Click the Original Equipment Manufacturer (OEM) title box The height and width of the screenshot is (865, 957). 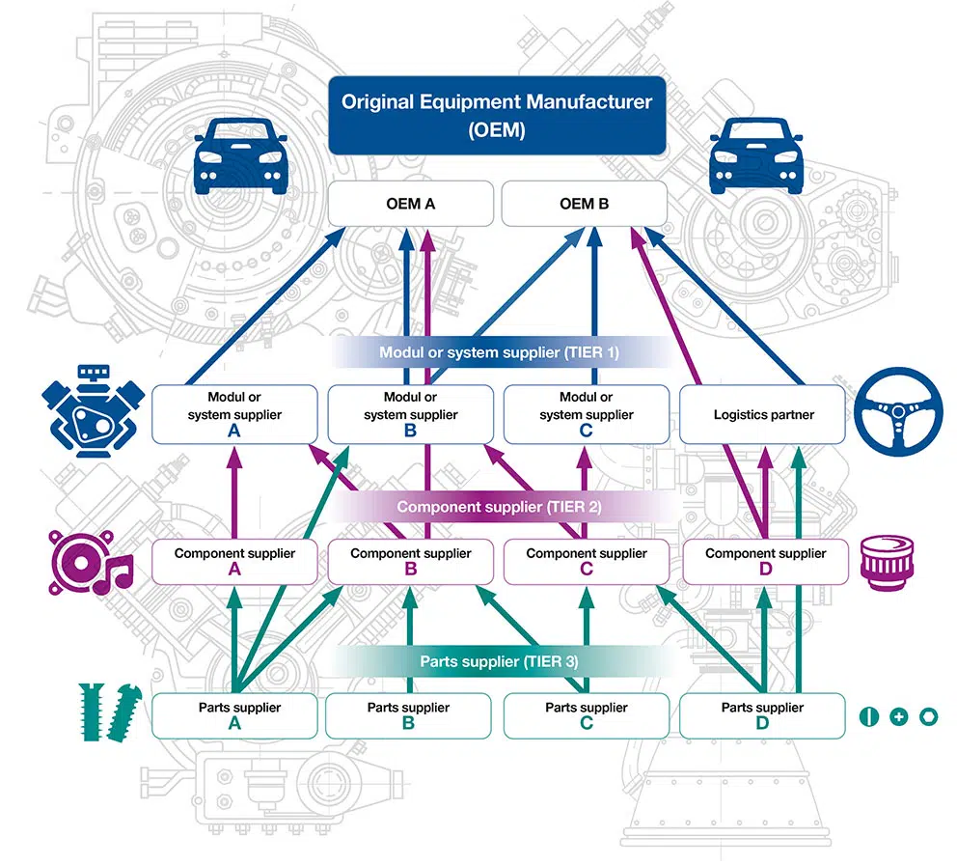coord(497,115)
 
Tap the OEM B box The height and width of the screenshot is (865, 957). coord(584,204)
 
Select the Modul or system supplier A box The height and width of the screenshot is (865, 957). coord(233,414)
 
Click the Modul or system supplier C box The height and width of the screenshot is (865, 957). coord(586,414)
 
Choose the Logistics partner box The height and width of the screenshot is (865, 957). coord(763,414)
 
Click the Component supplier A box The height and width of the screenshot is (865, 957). coord(233,561)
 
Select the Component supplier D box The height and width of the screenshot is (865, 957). coord(765,561)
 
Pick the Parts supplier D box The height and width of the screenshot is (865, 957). coord(763,714)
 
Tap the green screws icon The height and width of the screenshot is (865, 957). coord(103,714)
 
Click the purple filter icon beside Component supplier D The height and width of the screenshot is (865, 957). coord(886,560)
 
